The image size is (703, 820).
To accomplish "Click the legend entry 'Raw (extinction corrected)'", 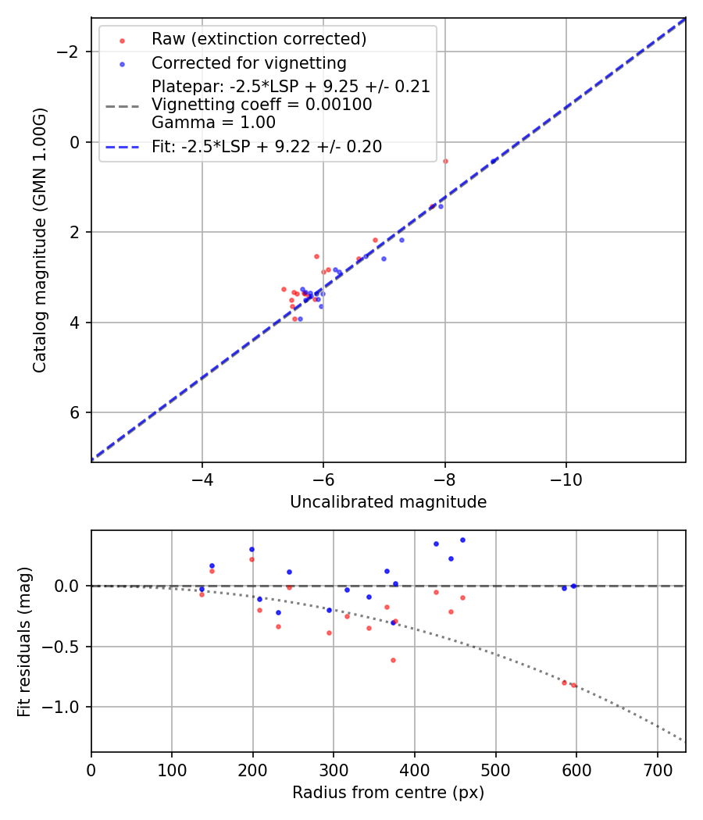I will click(259, 39).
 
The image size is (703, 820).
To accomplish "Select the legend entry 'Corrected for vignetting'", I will click(248, 62).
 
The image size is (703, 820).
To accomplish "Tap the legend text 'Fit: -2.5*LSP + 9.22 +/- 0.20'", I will click(266, 147).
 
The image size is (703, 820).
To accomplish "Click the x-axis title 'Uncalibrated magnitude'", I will click(388, 502).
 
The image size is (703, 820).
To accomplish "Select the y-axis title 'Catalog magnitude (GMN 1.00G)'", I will click(41, 240).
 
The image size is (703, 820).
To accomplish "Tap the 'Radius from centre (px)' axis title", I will click(388, 793).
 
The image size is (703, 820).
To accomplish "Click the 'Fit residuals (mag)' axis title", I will click(24, 641).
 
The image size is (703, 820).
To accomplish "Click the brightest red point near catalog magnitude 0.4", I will click(445, 161).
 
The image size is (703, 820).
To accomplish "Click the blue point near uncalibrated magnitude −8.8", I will click(493, 161).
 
